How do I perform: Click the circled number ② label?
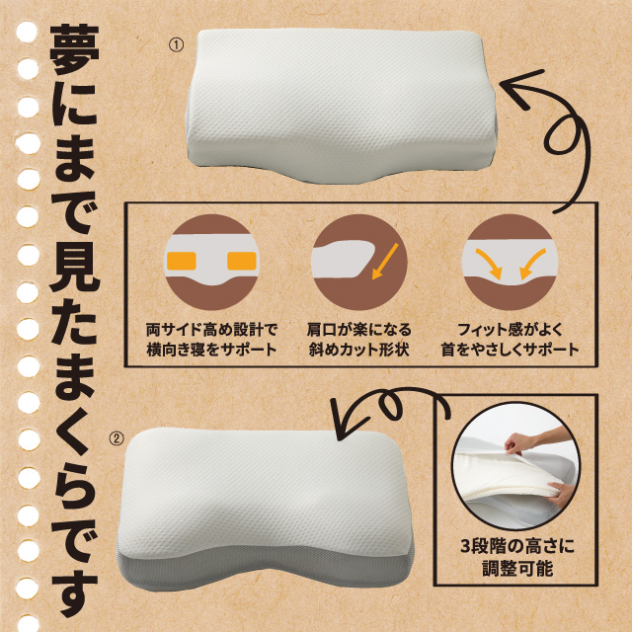click(116, 438)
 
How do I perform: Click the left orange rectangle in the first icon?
click(182, 262)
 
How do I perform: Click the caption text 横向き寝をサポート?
click(210, 350)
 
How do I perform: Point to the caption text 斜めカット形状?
click(358, 350)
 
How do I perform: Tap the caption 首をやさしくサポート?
click(510, 350)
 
